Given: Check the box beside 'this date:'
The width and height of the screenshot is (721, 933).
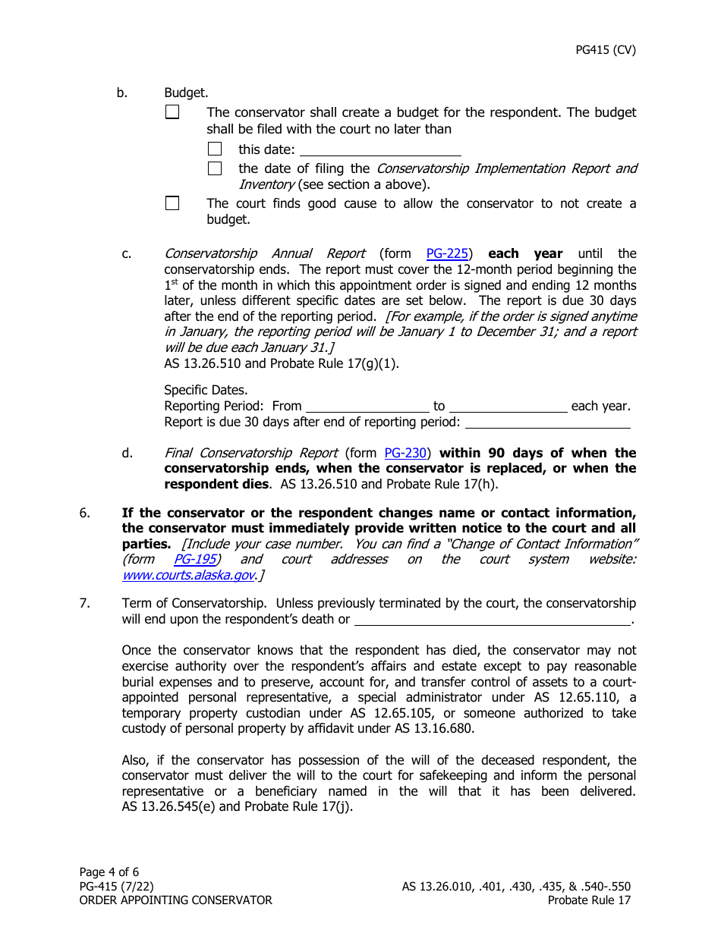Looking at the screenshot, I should pyautogui.click(x=215, y=149).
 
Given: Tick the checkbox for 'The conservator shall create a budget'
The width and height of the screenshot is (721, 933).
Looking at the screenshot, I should pyautogui.click(x=172, y=112).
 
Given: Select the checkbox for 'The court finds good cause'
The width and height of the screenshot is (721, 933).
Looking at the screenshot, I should pyautogui.click(x=172, y=203).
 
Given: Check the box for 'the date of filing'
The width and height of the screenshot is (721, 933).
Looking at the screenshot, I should pyautogui.click(x=215, y=168).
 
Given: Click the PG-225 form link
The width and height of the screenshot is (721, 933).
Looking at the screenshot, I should pyautogui.click(x=447, y=253).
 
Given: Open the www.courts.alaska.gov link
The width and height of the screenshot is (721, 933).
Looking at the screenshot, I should pyautogui.click(x=187, y=576).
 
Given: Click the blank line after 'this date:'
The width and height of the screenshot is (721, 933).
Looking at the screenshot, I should pyautogui.click(x=380, y=149).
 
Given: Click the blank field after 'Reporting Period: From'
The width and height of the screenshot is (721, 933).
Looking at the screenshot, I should pyautogui.click(x=367, y=406).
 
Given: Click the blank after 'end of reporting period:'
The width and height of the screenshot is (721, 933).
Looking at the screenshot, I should pyautogui.click(x=547, y=422).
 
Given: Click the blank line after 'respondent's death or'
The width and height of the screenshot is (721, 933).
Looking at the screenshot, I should pyautogui.click(x=493, y=619).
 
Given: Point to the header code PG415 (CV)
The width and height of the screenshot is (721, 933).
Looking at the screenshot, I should pyautogui.click(x=606, y=51).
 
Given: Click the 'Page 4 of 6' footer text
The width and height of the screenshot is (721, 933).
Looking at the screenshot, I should pyautogui.click(x=109, y=872).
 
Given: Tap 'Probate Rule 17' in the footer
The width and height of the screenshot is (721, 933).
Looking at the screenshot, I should pyautogui.click(x=589, y=900).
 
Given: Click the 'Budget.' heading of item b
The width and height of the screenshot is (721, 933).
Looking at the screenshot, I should pyautogui.click(x=186, y=93).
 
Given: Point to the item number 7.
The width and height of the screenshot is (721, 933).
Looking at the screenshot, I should pyautogui.click(x=85, y=604).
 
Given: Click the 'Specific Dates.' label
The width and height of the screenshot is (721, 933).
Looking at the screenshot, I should pyautogui.click(x=206, y=390).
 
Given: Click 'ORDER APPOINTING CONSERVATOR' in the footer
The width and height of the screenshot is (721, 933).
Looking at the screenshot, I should pyautogui.click(x=175, y=900).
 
